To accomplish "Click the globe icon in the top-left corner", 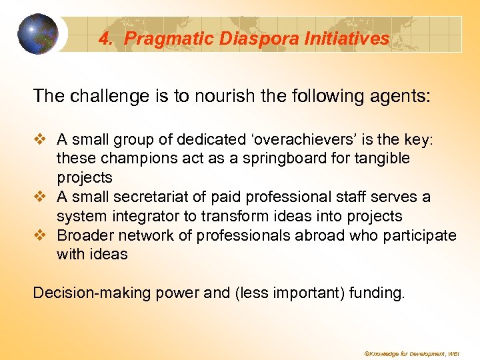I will click(37, 33).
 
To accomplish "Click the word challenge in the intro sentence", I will click(101, 96).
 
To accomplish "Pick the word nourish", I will click(217, 96).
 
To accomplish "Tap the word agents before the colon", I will click(397, 96).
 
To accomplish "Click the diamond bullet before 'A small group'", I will click(41, 140).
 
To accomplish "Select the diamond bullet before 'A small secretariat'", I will click(41, 197).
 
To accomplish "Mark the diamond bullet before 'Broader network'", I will click(41, 235).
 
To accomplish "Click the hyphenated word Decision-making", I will click(81, 293).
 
